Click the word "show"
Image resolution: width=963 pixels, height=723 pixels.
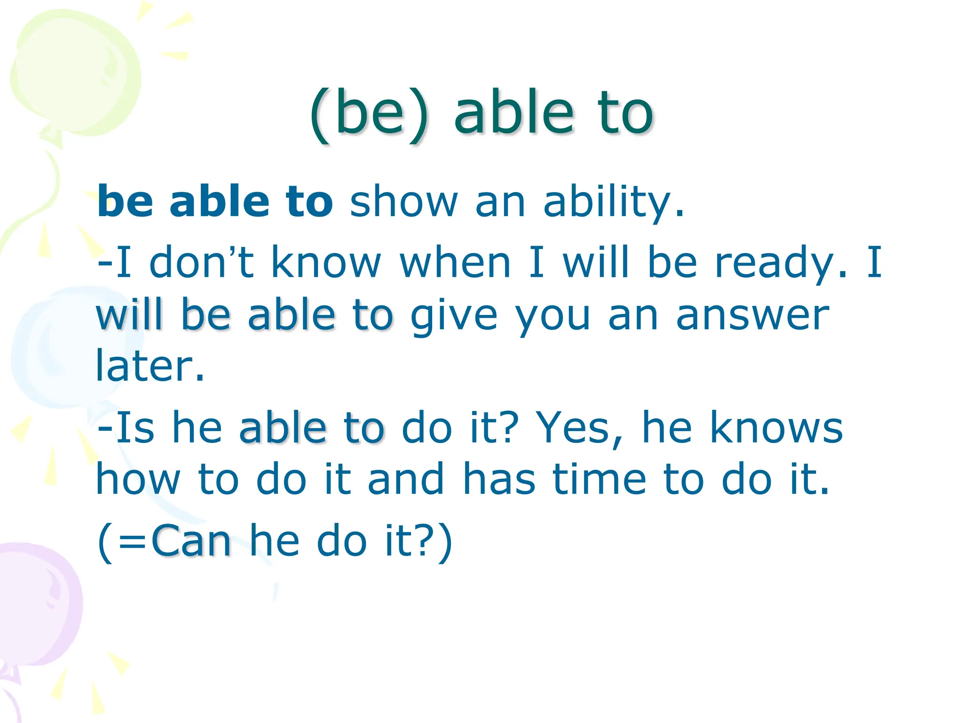click(403, 202)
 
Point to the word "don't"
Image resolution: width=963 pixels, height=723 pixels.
click(201, 262)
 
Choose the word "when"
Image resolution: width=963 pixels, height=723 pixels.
click(455, 262)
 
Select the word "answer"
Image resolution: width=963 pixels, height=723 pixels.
click(752, 315)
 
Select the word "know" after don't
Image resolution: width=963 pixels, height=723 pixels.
click(326, 262)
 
